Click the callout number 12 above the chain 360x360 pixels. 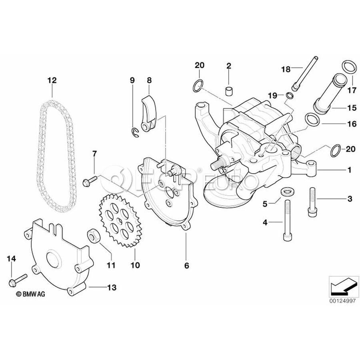tap(52, 80)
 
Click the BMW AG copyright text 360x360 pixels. tap(31, 294)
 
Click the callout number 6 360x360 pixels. tap(186, 265)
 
